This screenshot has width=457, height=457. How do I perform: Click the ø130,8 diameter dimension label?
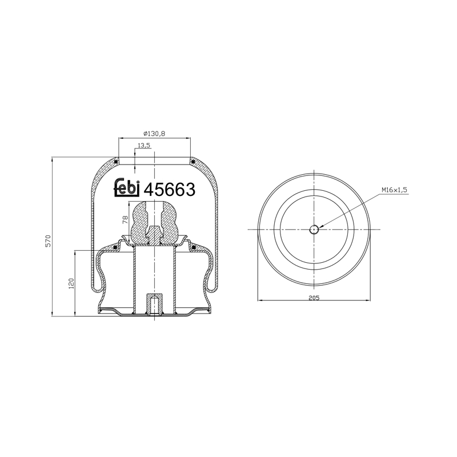[x=154, y=134]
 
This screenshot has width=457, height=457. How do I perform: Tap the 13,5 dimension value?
[x=144, y=145]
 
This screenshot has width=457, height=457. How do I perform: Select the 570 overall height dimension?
[x=48, y=240]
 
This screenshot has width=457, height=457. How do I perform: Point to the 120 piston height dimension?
[x=71, y=283]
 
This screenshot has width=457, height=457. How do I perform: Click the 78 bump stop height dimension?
[x=125, y=219]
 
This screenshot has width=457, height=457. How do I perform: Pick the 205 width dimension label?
[x=314, y=298]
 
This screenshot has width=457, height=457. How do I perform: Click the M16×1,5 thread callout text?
[x=394, y=190]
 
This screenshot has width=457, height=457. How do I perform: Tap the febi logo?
[x=127, y=188]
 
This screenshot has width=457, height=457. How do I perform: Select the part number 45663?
[x=170, y=190]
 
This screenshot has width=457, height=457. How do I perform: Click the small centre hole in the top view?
[x=314, y=230]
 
